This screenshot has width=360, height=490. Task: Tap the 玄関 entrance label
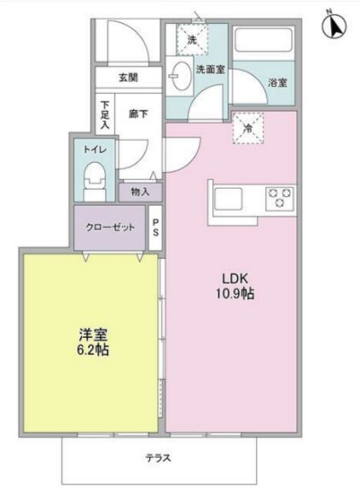point(128,78)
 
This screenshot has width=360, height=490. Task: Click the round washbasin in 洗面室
point(180,74)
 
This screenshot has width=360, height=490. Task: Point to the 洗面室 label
point(211,70)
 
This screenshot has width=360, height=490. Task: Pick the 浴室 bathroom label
point(278,83)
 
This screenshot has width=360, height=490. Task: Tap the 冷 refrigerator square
point(247,129)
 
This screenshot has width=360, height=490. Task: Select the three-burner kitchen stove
point(281,199)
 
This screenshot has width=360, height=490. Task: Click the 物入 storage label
point(140,192)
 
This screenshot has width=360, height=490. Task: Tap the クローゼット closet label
point(110,228)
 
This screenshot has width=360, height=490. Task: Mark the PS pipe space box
point(156,228)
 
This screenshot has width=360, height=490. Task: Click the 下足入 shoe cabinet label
point(104,116)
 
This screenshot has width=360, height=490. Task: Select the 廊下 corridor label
point(139,111)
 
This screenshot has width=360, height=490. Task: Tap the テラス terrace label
point(158,458)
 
